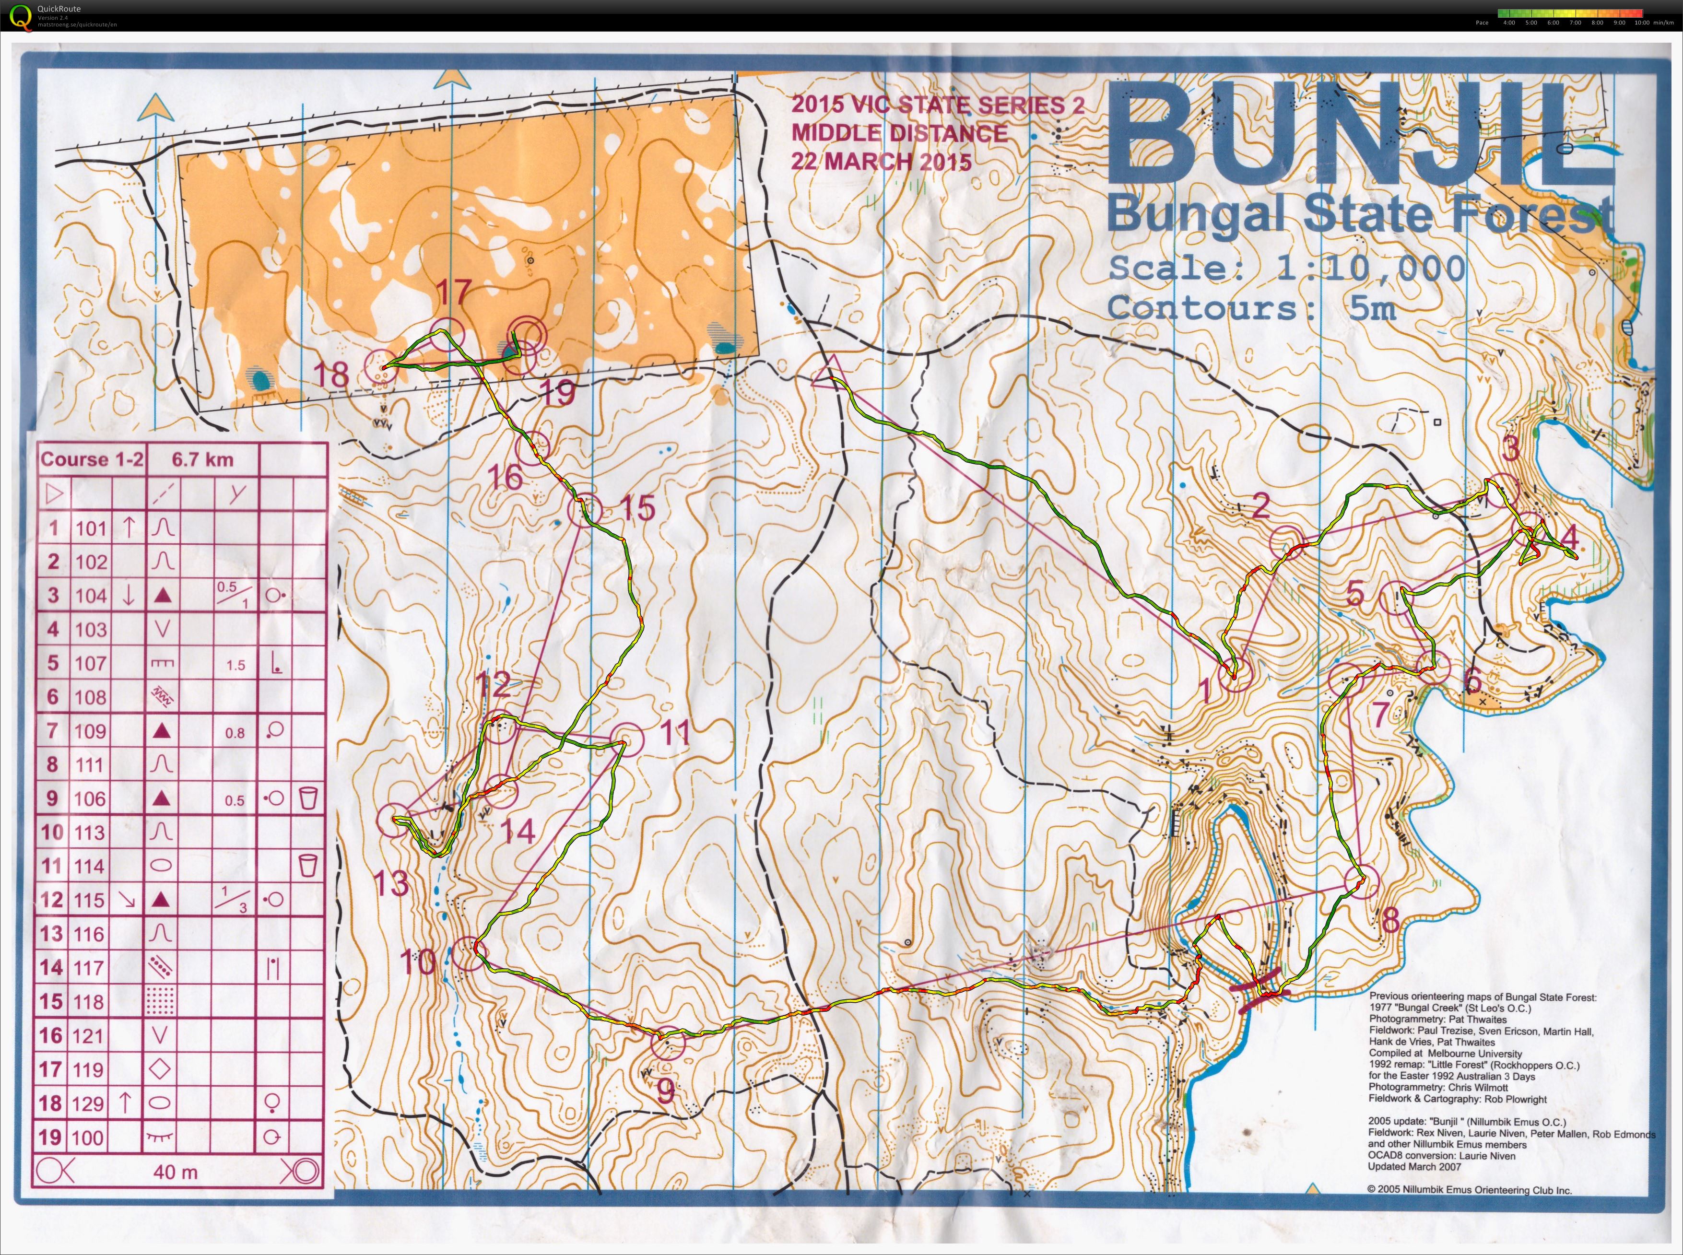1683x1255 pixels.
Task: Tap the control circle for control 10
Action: [469, 953]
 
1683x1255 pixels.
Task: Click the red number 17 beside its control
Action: [454, 292]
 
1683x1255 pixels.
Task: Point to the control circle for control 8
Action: [1361, 881]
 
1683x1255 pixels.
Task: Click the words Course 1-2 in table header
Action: [91, 459]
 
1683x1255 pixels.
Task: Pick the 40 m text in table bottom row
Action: [176, 1172]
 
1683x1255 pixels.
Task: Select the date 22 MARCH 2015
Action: [881, 161]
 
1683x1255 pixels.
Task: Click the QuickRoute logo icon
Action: [21, 15]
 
